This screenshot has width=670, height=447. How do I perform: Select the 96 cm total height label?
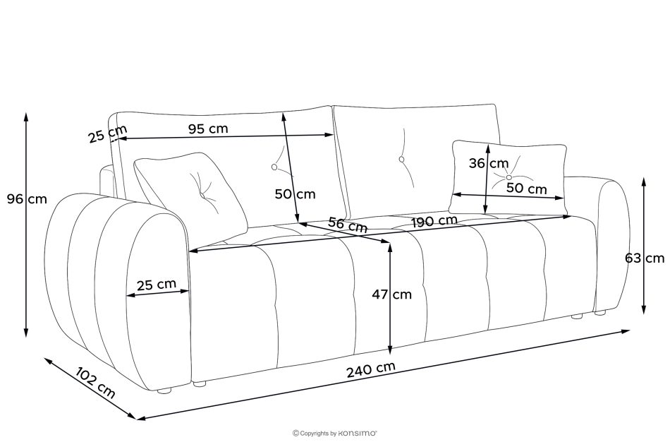tap(27, 199)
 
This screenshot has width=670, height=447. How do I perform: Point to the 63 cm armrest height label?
tap(645, 258)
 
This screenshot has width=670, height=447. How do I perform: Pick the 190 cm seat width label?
tap(434, 222)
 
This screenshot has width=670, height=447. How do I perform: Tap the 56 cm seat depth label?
tap(348, 225)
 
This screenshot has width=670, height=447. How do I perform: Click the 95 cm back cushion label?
tap(209, 129)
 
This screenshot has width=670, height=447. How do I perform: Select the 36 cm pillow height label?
tap(489, 163)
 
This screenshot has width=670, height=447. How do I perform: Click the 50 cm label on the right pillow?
tap(526, 188)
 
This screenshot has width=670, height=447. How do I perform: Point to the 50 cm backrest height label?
tap(296, 194)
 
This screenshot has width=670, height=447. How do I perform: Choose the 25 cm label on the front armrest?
tap(157, 285)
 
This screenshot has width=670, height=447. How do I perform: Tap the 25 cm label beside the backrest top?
tap(108, 134)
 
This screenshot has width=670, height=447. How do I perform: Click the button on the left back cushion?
tap(274, 167)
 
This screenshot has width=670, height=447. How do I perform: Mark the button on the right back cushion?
tap(401, 160)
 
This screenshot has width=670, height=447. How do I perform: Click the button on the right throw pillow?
tap(508, 177)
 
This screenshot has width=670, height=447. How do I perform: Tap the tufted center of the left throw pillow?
tap(202, 196)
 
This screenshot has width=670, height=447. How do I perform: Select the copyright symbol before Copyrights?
tap(296, 434)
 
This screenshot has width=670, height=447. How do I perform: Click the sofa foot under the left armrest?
tap(164, 390)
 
